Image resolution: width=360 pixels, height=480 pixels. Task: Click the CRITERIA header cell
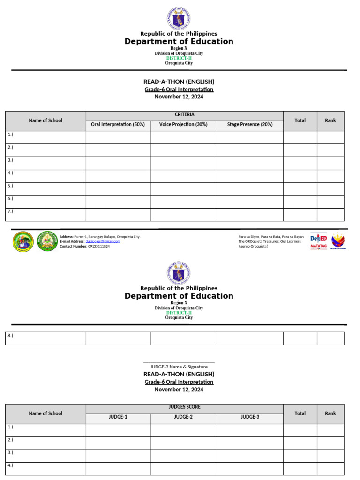[x=184, y=115]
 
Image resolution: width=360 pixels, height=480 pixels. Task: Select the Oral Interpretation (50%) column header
[x=118, y=125]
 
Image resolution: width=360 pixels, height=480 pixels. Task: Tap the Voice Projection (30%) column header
[x=183, y=125]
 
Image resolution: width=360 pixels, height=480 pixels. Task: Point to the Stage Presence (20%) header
[x=249, y=125]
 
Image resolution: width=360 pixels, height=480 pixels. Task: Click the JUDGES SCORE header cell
[x=184, y=407]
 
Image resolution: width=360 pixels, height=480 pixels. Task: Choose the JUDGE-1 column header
[x=118, y=417]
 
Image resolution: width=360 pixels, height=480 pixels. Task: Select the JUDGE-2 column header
[x=183, y=417]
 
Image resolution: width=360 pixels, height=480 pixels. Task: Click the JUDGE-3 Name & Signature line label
[x=179, y=367]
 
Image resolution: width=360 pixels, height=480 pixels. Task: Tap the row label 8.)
[x=10, y=335]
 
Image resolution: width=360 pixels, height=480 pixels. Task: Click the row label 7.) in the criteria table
[x=10, y=211]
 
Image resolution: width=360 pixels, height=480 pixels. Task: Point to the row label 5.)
[x=10, y=185]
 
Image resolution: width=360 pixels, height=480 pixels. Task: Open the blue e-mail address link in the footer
[x=106, y=241]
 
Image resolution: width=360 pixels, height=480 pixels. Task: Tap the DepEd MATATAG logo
[x=319, y=241]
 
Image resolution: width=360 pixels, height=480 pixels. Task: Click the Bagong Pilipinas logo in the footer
[x=338, y=241]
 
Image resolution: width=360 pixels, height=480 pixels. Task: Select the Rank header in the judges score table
[x=330, y=413]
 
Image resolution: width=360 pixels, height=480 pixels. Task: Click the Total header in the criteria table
[x=300, y=120]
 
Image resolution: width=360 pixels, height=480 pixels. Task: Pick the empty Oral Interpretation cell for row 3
[x=118, y=163]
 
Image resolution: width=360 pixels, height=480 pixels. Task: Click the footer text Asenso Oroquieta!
[x=253, y=246]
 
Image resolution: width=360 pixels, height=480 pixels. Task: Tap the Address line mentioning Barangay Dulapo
[x=100, y=237]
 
